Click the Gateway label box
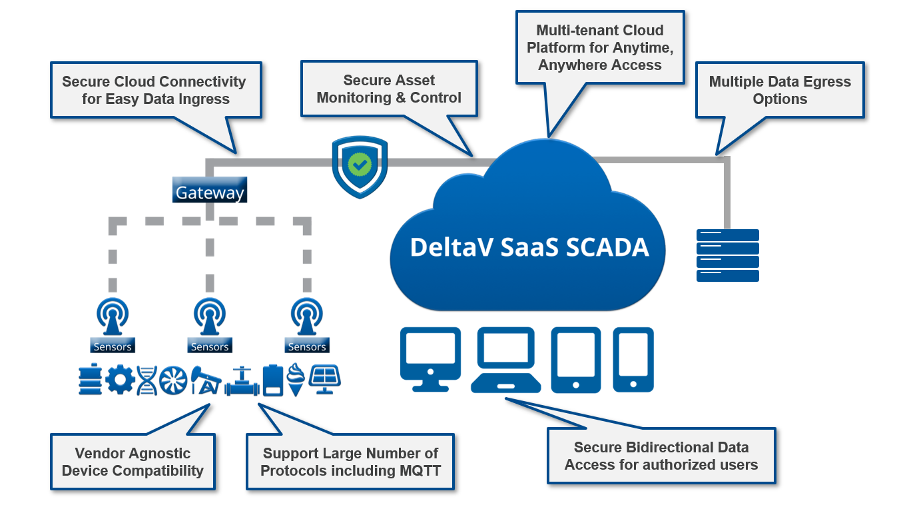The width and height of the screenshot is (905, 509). (x=210, y=192)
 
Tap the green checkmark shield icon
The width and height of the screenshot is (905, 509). (x=360, y=164)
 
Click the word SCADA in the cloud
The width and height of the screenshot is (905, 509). (x=607, y=247)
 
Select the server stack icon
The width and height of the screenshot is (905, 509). (x=727, y=255)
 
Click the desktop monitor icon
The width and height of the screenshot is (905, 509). (x=430, y=358)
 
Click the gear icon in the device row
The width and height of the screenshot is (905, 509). (x=121, y=380)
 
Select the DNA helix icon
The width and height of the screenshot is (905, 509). (x=147, y=380)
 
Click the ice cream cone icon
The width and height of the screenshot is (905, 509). (x=296, y=380)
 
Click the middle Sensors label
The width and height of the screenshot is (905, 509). (x=210, y=347)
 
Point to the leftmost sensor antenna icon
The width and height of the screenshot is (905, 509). (x=113, y=316)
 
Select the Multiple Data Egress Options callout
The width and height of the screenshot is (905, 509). (x=780, y=91)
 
